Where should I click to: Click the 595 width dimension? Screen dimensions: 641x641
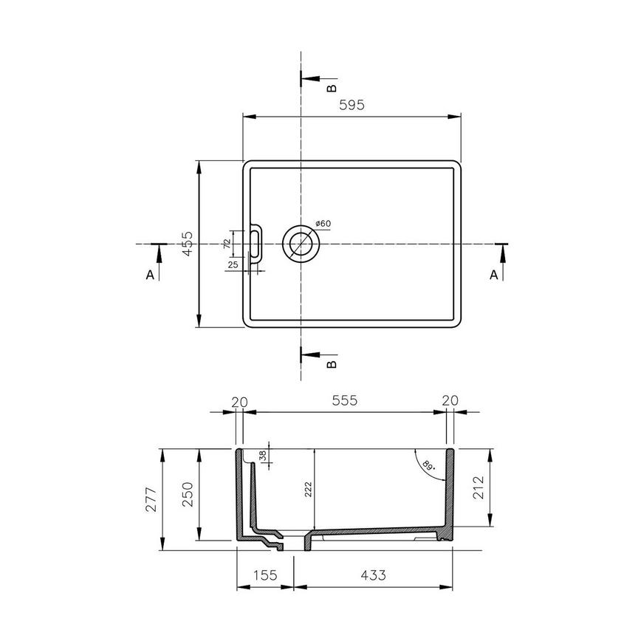click(x=352, y=106)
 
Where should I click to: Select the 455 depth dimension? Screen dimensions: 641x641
click(x=188, y=244)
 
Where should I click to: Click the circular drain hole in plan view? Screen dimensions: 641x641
click(x=301, y=243)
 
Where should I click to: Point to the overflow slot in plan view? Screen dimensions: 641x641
click(x=256, y=243)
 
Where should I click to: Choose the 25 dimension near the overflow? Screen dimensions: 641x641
click(x=233, y=264)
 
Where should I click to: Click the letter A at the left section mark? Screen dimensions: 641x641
click(x=150, y=275)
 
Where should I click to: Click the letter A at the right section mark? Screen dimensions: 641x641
click(x=493, y=275)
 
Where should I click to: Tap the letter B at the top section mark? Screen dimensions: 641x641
click(x=332, y=89)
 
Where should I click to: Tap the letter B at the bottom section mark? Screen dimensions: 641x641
click(x=332, y=364)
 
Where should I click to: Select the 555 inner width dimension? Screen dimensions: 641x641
click(x=345, y=400)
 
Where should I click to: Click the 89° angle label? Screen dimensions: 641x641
click(x=428, y=465)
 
